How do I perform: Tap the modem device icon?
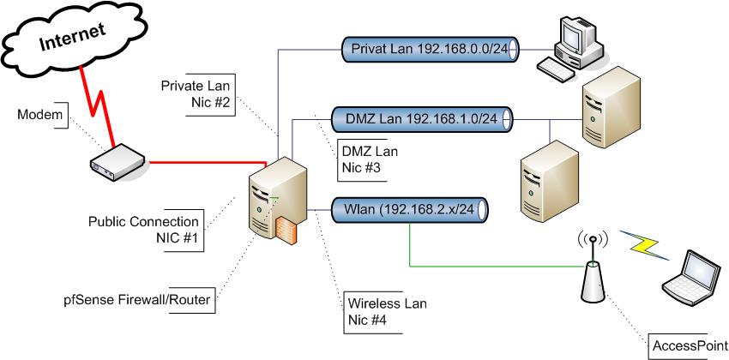point(117,160)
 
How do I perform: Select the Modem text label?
point(40,116)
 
